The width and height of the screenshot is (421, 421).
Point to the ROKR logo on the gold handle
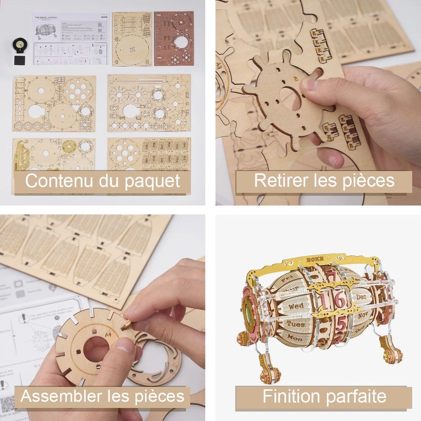click(314, 259)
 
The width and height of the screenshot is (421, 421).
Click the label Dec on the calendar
click(361, 297)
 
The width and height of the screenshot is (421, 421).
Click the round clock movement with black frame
click(20, 44)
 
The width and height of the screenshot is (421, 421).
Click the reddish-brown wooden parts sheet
click(174, 39)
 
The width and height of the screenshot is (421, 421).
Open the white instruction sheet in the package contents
click(70, 39)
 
